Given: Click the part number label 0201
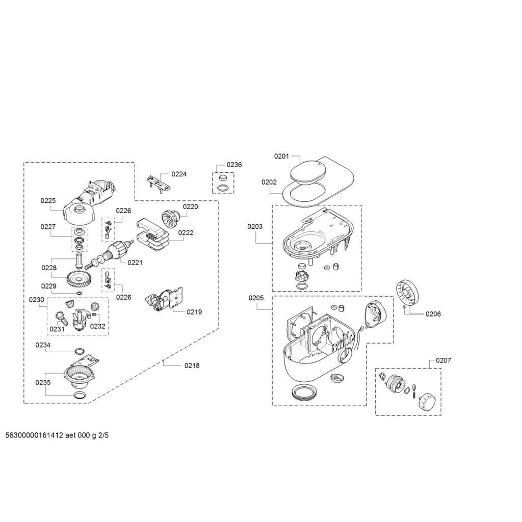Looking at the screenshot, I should tap(281, 156).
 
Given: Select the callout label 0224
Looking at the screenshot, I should tap(179, 174).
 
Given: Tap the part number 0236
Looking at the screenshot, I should tap(234, 165).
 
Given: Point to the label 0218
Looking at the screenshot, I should tap(192, 366).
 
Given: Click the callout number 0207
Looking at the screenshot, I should tap(443, 360).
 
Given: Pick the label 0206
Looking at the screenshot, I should tap(433, 314).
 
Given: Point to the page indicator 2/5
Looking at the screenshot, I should tap(103, 436).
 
